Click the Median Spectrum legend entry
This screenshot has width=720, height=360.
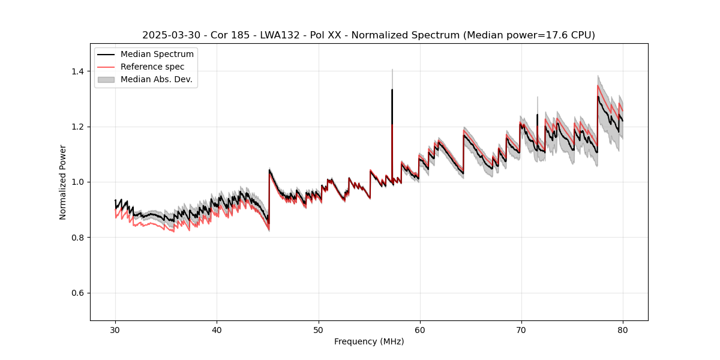click(x=157, y=54)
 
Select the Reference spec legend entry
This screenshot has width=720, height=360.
click(x=152, y=67)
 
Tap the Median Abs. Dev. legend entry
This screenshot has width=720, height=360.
click(x=156, y=79)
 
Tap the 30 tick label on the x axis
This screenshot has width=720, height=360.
click(x=115, y=329)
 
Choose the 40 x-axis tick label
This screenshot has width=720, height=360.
click(x=217, y=329)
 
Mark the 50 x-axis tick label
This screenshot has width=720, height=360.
click(x=318, y=329)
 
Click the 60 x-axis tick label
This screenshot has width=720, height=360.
click(x=419, y=329)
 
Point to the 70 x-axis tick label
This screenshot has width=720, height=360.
click(x=521, y=329)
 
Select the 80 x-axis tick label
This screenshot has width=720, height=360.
click(x=622, y=329)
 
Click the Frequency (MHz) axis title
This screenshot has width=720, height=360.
click(x=369, y=341)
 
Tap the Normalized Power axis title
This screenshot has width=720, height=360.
click(x=63, y=182)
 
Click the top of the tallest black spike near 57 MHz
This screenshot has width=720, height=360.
click(x=392, y=90)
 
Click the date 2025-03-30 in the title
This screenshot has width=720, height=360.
click(x=169, y=35)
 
